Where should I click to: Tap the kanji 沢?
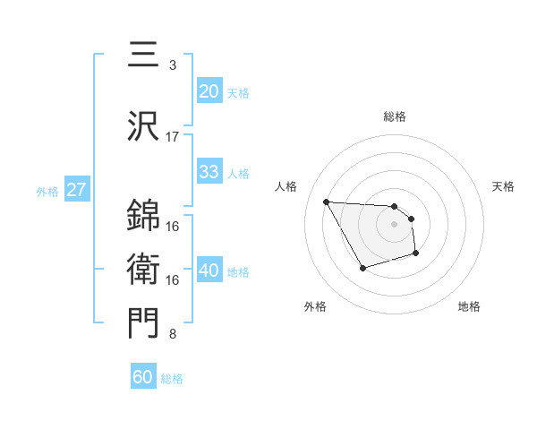coord(143,125)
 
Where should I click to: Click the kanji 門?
coord(143,323)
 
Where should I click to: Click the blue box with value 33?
coord(209,172)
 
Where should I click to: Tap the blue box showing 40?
coord(209,271)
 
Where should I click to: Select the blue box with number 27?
coord(76,190)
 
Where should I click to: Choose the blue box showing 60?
coord(143,377)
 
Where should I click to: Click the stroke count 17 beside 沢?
coord(173,137)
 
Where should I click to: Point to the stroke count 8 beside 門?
coord(173,335)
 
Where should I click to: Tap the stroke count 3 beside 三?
coord(173,65)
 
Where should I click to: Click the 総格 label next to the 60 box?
coord(172,379)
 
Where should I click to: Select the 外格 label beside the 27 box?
coord(47,191)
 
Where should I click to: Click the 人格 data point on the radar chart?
coord(326,201)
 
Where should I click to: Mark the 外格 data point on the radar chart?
coord(362,268)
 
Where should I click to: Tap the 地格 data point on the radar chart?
coord(416,253)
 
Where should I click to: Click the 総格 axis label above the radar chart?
coord(395,116)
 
